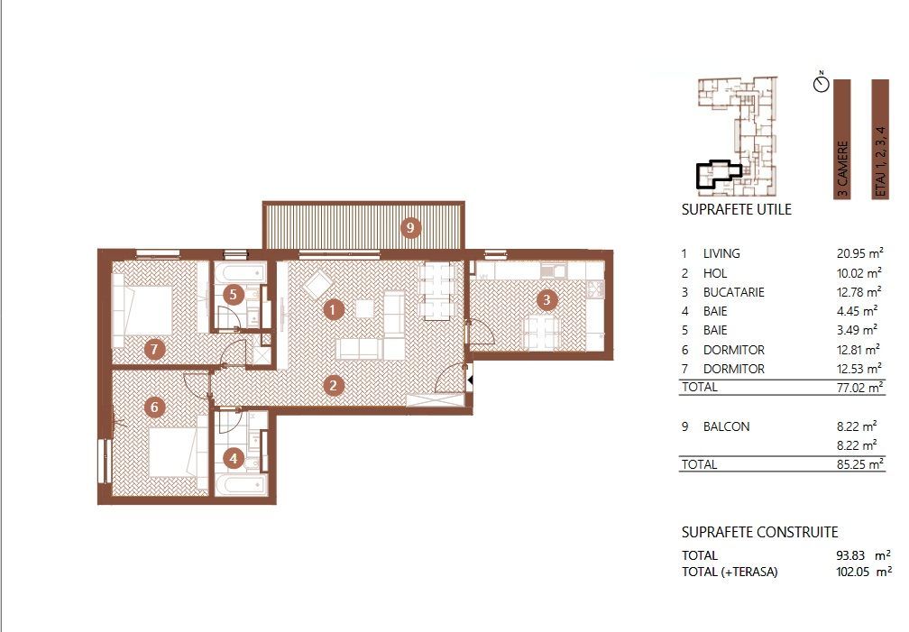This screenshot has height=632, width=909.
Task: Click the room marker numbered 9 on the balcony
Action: click(x=410, y=228)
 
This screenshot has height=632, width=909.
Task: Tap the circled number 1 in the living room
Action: click(x=333, y=310)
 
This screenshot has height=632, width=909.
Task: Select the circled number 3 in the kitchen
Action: click(x=545, y=299)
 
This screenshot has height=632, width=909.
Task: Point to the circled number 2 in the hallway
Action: click(x=333, y=386)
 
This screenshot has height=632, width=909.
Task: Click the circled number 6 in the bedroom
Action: click(x=154, y=408)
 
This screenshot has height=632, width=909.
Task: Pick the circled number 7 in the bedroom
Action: click(x=154, y=349)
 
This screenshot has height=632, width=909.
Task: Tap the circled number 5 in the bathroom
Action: click(x=233, y=294)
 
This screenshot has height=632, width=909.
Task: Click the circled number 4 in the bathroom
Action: click(x=234, y=459)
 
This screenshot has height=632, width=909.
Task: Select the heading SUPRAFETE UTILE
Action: click(x=736, y=210)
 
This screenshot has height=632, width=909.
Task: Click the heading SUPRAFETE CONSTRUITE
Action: click(x=759, y=533)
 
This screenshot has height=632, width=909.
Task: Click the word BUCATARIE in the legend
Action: click(x=734, y=292)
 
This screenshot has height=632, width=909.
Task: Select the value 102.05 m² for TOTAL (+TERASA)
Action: click(x=862, y=572)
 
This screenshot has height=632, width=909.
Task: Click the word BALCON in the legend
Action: click(x=726, y=426)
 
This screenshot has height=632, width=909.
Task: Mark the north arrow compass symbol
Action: click(x=821, y=84)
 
